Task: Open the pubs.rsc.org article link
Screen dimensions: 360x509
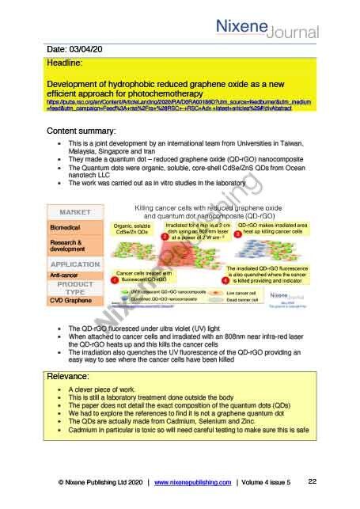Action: tap(178, 105)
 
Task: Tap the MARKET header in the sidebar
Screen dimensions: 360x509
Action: tap(74, 211)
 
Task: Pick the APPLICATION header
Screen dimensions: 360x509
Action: tap(74, 264)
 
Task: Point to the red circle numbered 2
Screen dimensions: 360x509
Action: tap(163, 235)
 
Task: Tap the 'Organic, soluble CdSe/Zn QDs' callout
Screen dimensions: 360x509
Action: tap(131, 229)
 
